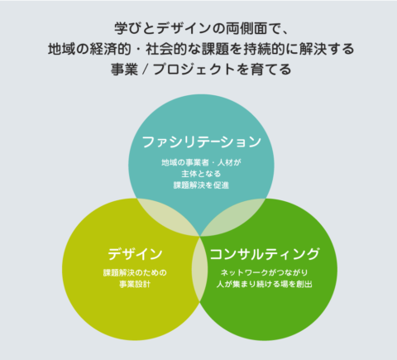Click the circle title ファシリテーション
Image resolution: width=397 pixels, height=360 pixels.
pyautogui.click(x=202, y=142)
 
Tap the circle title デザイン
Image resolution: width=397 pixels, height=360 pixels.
pyautogui.click(x=135, y=254)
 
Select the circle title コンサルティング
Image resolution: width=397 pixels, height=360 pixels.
pyautogui.click(x=265, y=254)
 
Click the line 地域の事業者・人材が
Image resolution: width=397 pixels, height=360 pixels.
pyautogui.click(x=201, y=162)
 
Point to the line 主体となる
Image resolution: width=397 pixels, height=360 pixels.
pyautogui.click(x=201, y=174)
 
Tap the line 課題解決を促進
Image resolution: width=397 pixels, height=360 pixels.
pyautogui.click(x=201, y=185)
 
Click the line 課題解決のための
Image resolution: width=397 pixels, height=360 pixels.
pyautogui.click(x=135, y=273)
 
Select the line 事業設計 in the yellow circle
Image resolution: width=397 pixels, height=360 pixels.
pyautogui.click(x=135, y=284)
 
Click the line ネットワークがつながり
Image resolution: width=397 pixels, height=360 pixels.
pyautogui.click(x=265, y=273)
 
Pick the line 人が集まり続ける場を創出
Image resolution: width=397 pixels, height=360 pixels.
pyautogui.click(x=265, y=284)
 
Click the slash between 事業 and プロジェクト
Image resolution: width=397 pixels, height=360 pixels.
pyautogui.click(x=145, y=70)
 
